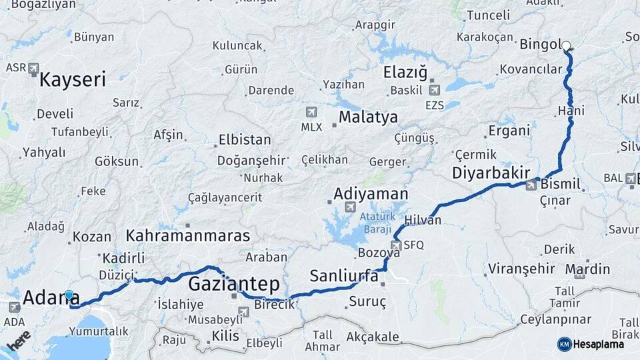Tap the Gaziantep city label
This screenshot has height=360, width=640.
pos(233,284)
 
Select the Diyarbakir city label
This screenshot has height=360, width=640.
pos(491,173)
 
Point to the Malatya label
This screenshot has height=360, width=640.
pos(368,117)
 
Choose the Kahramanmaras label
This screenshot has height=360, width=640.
pos(188,235)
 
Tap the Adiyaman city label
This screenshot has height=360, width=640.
pos(370,193)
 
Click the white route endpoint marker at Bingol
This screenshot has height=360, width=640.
pos(566,46)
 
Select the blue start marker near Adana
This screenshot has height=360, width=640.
pos(69,295)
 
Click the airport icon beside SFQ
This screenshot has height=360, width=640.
pos(396,245)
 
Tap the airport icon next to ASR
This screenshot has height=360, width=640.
pos(33,68)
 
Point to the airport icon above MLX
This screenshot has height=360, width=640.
pos(311,112)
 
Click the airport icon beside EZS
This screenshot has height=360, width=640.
pos(435,90)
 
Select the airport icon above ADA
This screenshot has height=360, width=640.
pos(15,307)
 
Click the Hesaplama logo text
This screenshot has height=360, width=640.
pos(598,344)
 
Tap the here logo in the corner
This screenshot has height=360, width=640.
pos(19,341)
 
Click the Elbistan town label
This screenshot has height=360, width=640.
pos(245,141)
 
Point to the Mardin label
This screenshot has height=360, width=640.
pos(587,269)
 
